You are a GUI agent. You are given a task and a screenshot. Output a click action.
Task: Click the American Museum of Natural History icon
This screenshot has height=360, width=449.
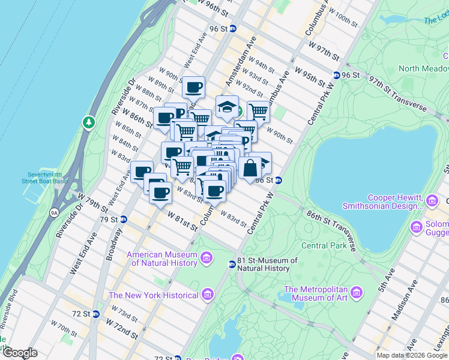click(206, 258)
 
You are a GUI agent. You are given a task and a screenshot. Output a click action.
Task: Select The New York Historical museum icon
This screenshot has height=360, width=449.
click(208, 295)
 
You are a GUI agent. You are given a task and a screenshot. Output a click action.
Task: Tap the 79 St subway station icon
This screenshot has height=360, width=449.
click(123, 219)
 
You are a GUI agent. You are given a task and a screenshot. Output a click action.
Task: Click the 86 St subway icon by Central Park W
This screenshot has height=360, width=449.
click(279, 180)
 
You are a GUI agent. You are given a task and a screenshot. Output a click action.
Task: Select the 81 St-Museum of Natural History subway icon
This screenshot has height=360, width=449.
click(232, 264)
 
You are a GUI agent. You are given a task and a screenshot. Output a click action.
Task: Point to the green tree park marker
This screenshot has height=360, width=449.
click(89, 123)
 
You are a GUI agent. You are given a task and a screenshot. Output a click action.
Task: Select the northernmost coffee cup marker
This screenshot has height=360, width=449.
click(193, 88)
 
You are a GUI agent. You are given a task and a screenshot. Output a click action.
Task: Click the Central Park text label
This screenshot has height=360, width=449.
click(324, 245)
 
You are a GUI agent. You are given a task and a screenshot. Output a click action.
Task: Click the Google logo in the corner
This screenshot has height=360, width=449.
click(20, 353)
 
